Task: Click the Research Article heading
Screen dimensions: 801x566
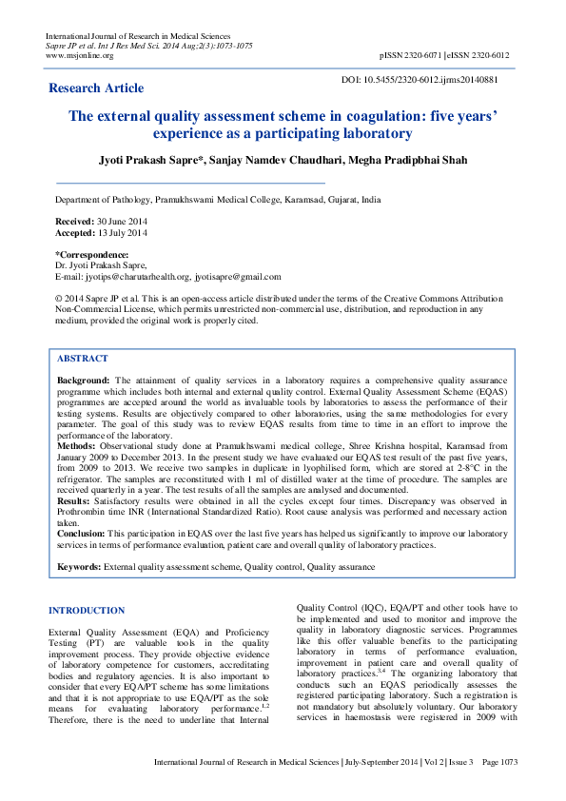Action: tap(96, 88)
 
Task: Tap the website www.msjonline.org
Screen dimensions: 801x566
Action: tap(80, 55)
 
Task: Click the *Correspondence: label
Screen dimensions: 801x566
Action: tap(92, 255)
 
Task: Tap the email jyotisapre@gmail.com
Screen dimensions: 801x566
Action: tap(238, 277)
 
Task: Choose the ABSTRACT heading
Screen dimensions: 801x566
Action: tap(83, 359)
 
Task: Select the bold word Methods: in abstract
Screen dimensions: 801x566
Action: tap(76, 444)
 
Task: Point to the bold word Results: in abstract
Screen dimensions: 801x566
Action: tap(74, 498)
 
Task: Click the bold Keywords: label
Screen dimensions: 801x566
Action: tap(79, 566)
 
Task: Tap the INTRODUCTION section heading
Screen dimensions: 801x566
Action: tap(87, 610)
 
